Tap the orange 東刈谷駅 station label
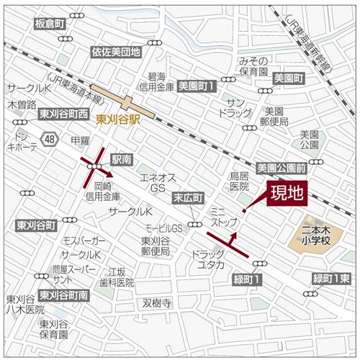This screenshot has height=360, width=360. (120, 119)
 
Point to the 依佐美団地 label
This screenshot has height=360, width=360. (115, 52)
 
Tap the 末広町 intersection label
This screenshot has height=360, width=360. (188, 197)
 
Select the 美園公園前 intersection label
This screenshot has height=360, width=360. (282, 167)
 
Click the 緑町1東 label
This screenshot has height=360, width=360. (330, 279)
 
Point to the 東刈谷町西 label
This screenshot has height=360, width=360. (63, 114)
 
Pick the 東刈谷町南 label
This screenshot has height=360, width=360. (63, 295)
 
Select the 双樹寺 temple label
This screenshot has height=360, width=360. (156, 303)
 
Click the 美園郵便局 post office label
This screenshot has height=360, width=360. (275, 116)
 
